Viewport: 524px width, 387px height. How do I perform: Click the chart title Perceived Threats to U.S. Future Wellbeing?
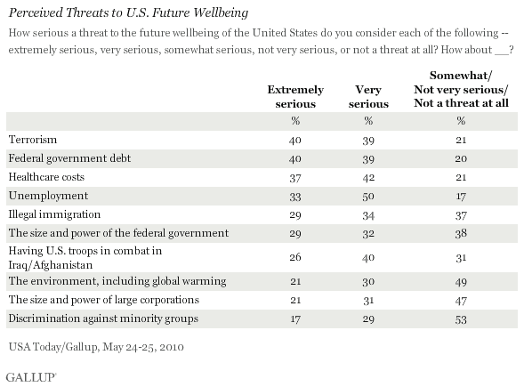128,12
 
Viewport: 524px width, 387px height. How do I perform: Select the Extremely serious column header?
295,97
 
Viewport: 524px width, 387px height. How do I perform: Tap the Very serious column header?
368,97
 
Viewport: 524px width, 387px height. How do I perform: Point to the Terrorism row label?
33,140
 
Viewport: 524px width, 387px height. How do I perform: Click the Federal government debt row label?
69,158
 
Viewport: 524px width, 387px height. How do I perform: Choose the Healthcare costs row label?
46,177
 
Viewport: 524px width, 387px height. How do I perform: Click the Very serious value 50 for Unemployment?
368,197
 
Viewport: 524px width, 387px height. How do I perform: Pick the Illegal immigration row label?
54,214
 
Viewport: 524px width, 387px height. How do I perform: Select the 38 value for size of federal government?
461,233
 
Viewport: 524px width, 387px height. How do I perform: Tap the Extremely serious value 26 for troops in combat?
295,257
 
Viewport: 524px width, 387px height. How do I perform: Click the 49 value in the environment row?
461,282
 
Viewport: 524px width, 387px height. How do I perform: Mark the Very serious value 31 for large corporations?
368,301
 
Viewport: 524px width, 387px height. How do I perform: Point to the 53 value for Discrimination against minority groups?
461,319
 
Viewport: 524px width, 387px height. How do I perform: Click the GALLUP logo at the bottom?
31,377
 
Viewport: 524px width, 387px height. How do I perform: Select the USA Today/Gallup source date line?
96,347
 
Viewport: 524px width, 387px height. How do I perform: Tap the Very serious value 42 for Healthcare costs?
368,177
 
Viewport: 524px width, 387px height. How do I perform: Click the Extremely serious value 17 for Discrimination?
295,319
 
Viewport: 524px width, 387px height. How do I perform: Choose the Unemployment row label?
48,196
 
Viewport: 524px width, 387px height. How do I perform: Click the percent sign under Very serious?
368,121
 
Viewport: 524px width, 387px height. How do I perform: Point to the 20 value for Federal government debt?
461,158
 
